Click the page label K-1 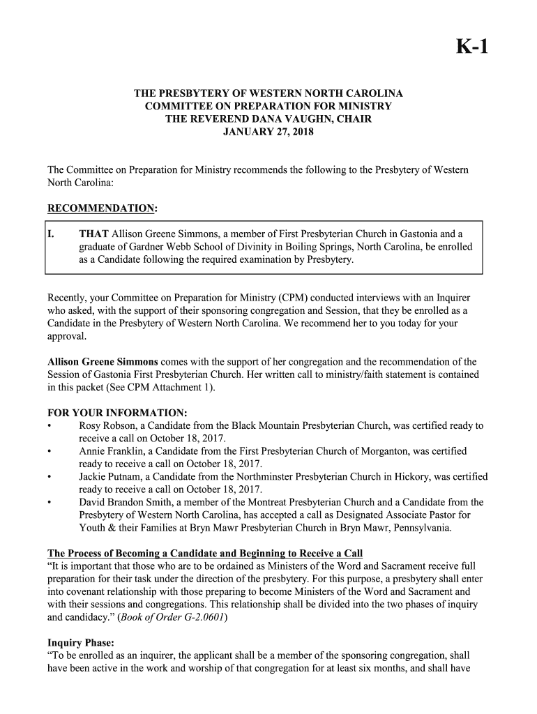click(472, 47)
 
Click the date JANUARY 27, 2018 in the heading click(268, 131)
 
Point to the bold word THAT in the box click(93, 234)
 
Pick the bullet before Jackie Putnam click(49, 477)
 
